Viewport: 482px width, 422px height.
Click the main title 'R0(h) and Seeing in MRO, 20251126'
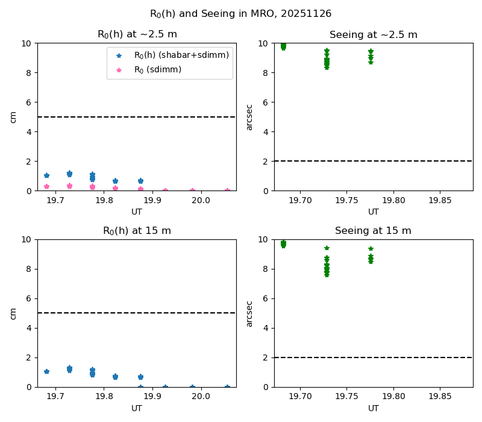240,13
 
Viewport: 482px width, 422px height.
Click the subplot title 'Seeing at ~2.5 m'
374,34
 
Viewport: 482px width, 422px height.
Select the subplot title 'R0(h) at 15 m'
137,231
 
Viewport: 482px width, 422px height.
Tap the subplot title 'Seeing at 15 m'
374,231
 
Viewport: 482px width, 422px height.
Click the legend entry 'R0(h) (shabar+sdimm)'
181,55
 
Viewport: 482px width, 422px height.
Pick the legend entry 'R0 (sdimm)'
158,70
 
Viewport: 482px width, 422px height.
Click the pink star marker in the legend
119,70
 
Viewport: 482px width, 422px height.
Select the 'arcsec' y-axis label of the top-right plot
249,117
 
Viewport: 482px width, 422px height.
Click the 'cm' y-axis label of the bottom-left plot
13,313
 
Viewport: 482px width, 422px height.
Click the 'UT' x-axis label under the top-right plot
374,212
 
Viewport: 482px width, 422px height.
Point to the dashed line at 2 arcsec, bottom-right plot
374,357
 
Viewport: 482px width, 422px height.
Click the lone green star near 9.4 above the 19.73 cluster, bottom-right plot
327,248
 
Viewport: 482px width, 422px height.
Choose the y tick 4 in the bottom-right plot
267,328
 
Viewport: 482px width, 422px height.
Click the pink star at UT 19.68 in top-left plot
46,187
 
